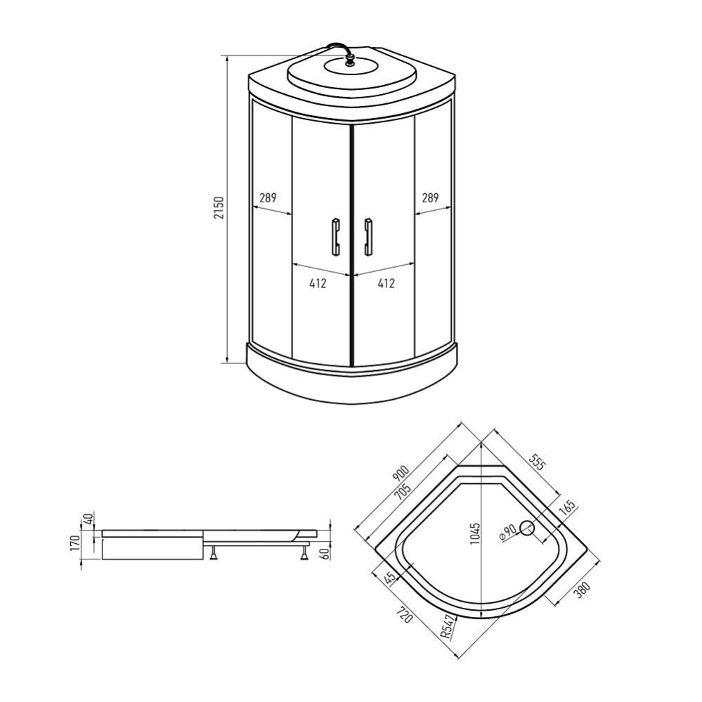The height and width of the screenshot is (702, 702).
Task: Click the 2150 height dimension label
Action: coord(219,209)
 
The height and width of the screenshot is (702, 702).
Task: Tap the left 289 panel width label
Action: coord(268,198)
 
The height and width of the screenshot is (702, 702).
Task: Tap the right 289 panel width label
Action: coord(430,198)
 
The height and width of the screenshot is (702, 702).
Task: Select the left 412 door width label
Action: coord(318,284)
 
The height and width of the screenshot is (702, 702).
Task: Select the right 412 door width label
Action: coord(386,284)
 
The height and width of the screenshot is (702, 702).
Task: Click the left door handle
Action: coord(335,236)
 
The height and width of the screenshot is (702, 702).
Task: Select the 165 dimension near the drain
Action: coord(567,507)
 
